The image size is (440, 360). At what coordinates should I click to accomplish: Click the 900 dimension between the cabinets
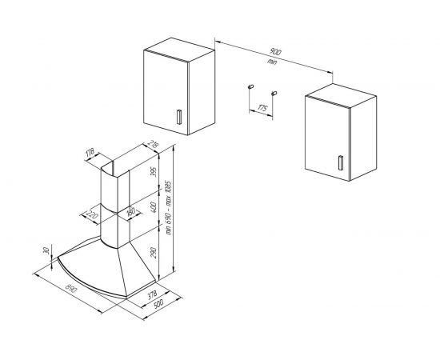pyautogui.click(x=275, y=52)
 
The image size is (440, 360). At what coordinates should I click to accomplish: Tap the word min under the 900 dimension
pyautogui.click(x=272, y=62)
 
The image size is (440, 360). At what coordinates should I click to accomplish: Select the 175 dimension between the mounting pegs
pyautogui.click(x=262, y=108)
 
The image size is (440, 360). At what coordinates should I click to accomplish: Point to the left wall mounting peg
pyautogui.click(x=251, y=86)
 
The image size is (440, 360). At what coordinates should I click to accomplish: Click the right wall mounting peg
pyautogui.click(x=274, y=93)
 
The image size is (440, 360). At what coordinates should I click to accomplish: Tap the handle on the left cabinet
pyautogui.click(x=179, y=117)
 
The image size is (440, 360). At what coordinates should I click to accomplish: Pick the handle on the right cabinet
pyautogui.click(x=341, y=162)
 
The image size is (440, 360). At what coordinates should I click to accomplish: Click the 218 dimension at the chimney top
pyautogui.click(x=154, y=145)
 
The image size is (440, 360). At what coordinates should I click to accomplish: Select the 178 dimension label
pyautogui.click(x=90, y=153)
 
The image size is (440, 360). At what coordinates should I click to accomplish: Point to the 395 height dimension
pyautogui.click(x=154, y=172)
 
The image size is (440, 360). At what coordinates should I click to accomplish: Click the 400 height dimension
pyautogui.click(x=154, y=207)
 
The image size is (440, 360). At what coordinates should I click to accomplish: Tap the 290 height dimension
pyautogui.click(x=154, y=252)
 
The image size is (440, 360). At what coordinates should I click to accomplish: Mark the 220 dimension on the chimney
pyautogui.click(x=91, y=215)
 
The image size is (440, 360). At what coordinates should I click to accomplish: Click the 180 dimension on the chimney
pyautogui.click(x=130, y=212)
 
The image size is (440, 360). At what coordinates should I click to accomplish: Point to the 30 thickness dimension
pyautogui.click(x=47, y=250)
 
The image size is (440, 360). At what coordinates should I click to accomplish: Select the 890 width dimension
pyautogui.click(x=71, y=289)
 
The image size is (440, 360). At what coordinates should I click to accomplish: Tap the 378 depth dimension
pyautogui.click(x=152, y=294)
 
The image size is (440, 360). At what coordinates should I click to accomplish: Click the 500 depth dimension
pyautogui.click(x=158, y=304)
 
